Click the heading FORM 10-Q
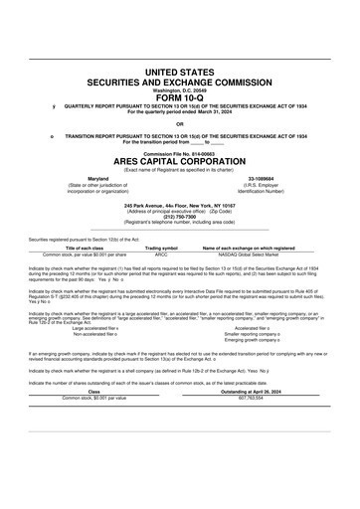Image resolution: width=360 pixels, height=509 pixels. pyautogui.click(x=180, y=97)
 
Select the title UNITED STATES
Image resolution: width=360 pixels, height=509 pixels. pyautogui.click(x=180, y=74)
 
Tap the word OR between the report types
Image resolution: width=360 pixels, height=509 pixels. pyautogui.click(x=180, y=123)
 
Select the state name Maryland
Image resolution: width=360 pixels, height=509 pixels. pyautogui.click(x=98, y=178)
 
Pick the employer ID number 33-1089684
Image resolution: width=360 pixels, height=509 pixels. pyautogui.click(x=261, y=178)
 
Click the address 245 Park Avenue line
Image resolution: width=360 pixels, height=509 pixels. pyautogui.click(x=180, y=204)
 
